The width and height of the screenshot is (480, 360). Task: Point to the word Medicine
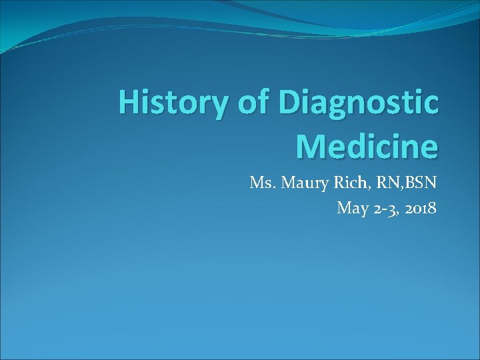pos(367,147)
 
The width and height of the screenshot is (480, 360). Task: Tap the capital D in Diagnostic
pos(291,105)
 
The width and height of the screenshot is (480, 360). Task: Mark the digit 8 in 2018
pos(433,208)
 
